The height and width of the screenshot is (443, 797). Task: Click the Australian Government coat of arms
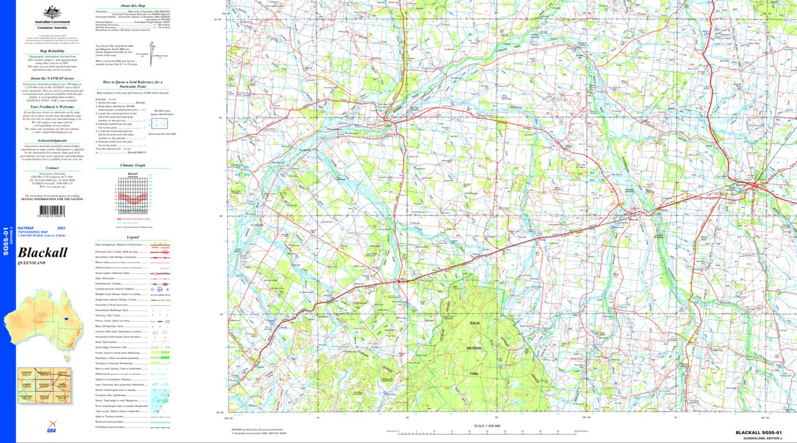(x=51, y=12)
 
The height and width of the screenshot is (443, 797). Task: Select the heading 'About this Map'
(x=132, y=5)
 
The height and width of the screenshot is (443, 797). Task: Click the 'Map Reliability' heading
(x=52, y=50)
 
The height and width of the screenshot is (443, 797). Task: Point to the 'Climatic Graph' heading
(x=133, y=165)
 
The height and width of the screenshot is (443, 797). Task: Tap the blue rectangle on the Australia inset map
(x=65, y=318)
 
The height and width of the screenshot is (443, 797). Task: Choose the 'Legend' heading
(x=132, y=237)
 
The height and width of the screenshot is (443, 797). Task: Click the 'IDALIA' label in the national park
(x=474, y=324)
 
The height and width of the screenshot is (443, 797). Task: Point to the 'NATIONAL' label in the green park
(x=474, y=348)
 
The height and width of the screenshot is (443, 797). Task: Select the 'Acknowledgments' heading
(x=52, y=140)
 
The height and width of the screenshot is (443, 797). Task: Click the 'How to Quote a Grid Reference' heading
(x=133, y=83)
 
